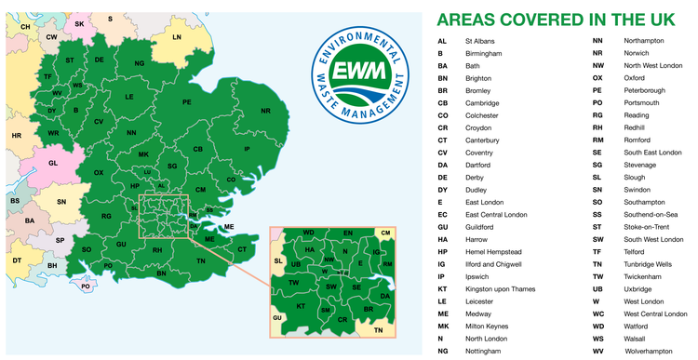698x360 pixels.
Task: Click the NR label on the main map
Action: tap(265, 111)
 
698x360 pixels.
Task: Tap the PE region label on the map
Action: tap(186, 101)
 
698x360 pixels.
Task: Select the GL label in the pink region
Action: tap(53, 163)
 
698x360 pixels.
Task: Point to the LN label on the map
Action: tap(176, 37)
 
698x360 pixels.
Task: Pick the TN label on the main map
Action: tap(200, 261)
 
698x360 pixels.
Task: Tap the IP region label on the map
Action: tap(247, 149)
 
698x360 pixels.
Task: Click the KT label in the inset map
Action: tap(301, 306)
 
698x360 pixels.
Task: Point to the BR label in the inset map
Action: tap(368, 307)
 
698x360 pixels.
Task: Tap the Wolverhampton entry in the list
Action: tap(649, 351)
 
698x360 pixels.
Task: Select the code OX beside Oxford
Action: tap(597, 78)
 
